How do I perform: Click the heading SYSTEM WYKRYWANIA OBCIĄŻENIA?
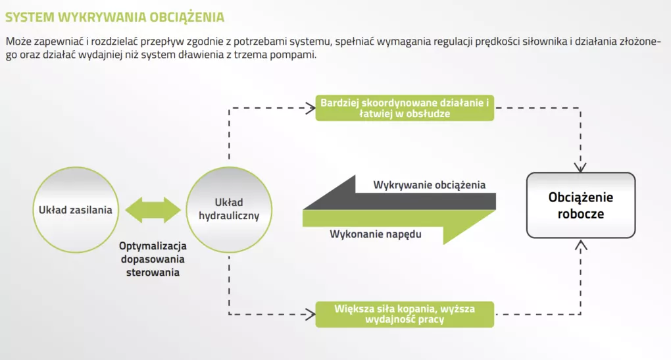(114, 17)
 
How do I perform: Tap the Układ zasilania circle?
(76, 210)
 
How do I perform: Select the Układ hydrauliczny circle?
(229, 210)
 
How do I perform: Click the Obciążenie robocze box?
(581, 205)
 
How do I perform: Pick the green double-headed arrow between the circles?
(153, 210)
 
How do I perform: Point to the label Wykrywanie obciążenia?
(429, 185)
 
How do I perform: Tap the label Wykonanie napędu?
(375, 234)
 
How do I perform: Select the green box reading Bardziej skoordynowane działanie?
(405, 108)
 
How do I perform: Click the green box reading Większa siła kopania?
(405, 314)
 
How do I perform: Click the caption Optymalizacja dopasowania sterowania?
(153, 259)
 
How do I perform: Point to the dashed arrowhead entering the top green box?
(311, 108)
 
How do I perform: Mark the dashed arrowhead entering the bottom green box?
(311, 315)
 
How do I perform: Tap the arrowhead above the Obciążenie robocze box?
(580, 167)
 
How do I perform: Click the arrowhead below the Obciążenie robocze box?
(580, 245)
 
